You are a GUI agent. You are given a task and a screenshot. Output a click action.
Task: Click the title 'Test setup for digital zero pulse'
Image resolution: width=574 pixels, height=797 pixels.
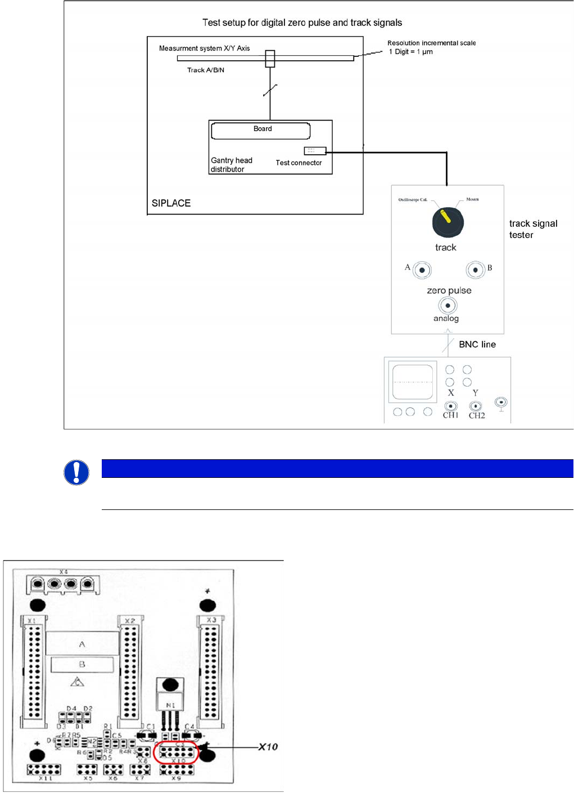[302, 23]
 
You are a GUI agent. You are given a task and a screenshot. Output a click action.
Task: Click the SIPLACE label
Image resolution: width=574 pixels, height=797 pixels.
[171, 203]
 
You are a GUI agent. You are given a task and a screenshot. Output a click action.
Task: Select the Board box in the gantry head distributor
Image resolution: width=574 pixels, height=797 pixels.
[261, 131]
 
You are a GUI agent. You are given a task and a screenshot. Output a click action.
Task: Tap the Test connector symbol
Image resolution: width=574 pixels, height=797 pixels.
[315, 151]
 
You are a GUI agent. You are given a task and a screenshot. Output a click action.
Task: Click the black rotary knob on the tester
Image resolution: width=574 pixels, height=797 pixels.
[448, 222]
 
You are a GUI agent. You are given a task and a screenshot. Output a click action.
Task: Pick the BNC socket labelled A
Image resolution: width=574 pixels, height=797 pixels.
[422, 270]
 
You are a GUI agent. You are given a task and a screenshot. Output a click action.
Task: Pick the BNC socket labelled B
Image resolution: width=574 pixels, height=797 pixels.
[475, 270]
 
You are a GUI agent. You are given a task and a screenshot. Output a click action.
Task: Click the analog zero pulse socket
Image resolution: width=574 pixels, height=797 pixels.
[448, 306]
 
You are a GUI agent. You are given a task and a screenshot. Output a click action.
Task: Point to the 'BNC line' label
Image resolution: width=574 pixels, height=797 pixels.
[477, 344]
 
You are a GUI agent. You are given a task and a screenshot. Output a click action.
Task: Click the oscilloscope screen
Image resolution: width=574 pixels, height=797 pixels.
[413, 382]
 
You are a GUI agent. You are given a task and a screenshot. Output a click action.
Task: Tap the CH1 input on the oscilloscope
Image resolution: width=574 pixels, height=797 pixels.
[450, 406]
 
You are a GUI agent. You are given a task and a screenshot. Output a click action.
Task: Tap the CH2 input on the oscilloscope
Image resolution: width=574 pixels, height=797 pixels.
[476, 406]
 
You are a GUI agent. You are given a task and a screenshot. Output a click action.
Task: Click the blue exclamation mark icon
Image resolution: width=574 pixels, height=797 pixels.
[76, 472]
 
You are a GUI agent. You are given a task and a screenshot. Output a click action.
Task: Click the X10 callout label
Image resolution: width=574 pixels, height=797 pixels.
[268, 747]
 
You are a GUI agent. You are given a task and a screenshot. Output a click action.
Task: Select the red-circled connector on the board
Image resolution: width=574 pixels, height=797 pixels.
[177, 752]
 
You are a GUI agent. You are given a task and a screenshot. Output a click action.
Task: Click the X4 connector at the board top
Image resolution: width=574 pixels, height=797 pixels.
[63, 584]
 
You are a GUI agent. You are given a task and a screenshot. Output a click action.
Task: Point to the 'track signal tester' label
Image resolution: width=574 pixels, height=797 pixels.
[533, 229]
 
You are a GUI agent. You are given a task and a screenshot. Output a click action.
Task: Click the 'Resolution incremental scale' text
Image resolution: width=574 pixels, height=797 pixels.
[431, 43]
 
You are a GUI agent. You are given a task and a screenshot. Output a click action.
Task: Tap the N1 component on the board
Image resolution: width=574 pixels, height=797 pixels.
[170, 704]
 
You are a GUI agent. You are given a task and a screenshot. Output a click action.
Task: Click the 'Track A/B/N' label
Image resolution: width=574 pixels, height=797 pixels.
[206, 70]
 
